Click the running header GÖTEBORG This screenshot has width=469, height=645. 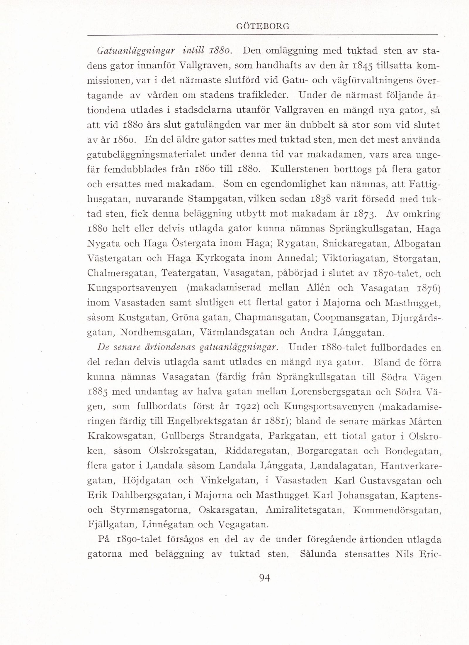262,26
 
